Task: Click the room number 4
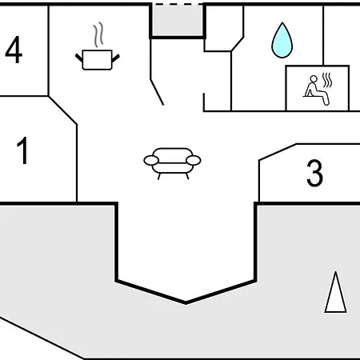(x=14, y=50)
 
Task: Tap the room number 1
(x=23, y=150)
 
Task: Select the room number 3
(x=314, y=173)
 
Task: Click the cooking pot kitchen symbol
(x=98, y=60)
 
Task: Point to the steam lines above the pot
(x=98, y=34)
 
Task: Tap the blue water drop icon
(x=282, y=41)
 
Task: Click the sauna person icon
(x=317, y=90)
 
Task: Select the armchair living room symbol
(x=172, y=163)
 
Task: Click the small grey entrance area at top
(x=178, y=20)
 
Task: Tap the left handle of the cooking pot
(x=79, y=58)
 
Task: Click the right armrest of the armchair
(x=194, y=161)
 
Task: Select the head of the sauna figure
(x=314, y=79)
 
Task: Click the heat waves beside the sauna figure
(x=327, y=80)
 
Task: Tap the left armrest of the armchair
(x=151, y=161)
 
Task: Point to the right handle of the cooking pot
(x=116, y=58)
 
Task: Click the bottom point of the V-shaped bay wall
(x=186, y=303)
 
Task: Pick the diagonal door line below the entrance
(x=157, y=92)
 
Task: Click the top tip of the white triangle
(x=336, y=272)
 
